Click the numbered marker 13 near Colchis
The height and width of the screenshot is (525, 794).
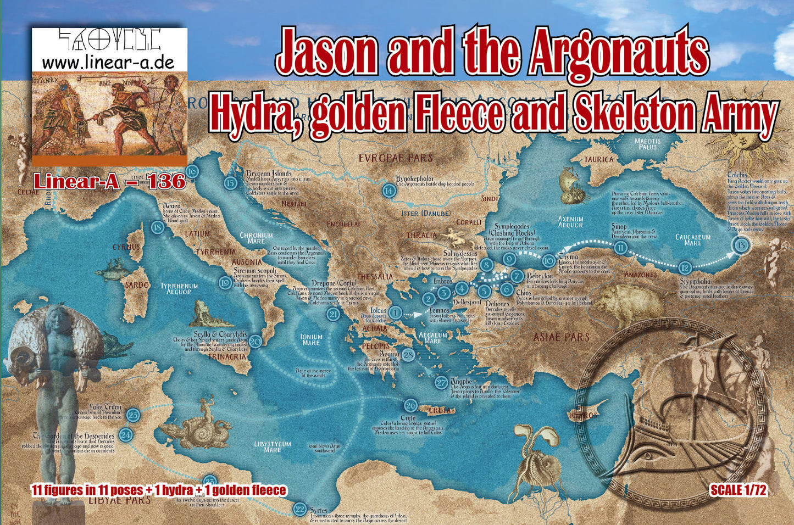(x=741, y=245)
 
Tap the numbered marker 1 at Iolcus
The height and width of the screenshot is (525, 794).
(x=395, y=313)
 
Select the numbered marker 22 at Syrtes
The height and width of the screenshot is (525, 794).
(x=300, y=509)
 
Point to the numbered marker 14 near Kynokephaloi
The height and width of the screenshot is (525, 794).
(x=389, y=191)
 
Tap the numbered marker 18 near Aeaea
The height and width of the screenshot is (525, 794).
(x=158, y=228)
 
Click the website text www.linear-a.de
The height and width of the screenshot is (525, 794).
(x=108, y=62)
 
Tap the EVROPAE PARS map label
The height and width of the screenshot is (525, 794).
(x=396, y=158)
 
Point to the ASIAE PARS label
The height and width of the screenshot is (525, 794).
(x=562, y=337)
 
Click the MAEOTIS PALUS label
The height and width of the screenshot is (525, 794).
(x=647, y=144)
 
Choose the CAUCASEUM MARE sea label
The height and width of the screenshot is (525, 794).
(x=692, y=240)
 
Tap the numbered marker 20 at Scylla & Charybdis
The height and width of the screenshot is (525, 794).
(x=256, y=342)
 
